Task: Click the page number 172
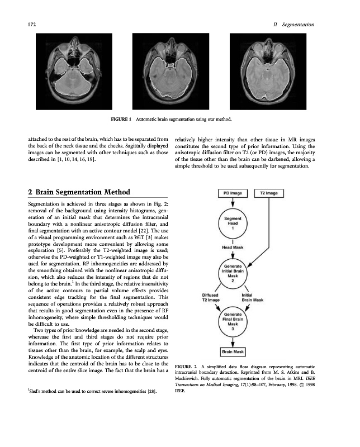(32, 25)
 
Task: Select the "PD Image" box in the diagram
(232, 193)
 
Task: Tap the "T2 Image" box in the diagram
(270, 193)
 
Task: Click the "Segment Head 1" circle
(232, 224)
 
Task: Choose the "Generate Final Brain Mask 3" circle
(233, 322)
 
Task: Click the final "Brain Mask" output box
(233, 352)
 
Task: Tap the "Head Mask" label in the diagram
(233, 246)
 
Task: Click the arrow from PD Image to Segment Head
(232, 203)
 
